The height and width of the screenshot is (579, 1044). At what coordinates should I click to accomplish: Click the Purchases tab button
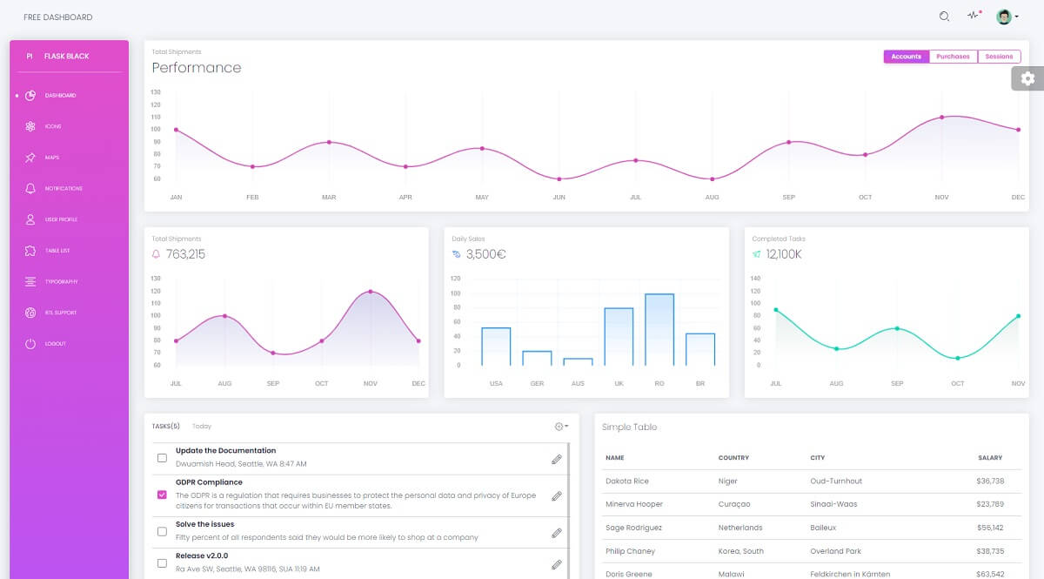point(954,57)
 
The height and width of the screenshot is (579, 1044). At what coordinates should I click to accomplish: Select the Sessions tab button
point(999,57)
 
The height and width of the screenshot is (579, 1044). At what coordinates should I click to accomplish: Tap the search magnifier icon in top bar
point(944,17)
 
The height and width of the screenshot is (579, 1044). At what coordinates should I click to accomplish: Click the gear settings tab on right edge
point(1027,78)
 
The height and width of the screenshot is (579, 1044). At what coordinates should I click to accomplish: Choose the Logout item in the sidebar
point(55,344)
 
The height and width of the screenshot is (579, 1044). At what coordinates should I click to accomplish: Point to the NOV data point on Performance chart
point(941,117)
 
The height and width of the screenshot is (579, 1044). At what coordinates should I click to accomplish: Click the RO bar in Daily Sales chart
point(659,330)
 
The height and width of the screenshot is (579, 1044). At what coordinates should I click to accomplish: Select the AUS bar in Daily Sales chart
point(578,361)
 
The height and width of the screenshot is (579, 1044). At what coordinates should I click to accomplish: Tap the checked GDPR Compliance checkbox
point(162,495)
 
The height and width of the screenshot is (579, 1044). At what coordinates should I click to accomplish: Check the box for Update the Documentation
point(162,457)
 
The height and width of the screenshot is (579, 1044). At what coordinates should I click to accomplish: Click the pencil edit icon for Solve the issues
point(557,532)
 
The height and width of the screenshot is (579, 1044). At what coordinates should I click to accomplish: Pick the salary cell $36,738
point(990,481)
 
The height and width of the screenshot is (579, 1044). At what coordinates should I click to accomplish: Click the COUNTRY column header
point(733,457)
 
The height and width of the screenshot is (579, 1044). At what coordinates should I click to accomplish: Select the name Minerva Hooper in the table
point(633,504)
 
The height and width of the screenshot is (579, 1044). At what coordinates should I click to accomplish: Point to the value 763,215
point(185,254)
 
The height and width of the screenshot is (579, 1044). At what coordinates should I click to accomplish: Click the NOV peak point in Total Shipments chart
point(371,292)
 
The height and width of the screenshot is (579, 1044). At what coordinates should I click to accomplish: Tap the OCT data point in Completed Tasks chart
point(958,358)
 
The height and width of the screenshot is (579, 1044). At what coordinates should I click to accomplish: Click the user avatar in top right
point(1004,17)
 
